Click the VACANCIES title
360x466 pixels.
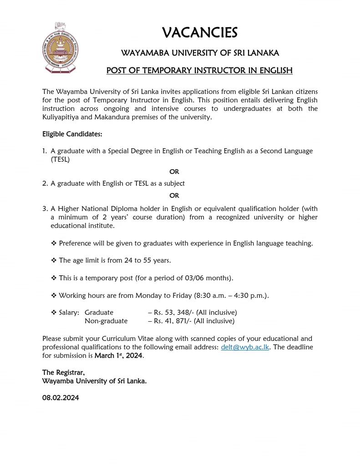tap(199, 33)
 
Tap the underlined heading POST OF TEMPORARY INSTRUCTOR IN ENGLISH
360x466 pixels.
tap(199, 71)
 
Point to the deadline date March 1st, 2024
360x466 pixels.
tap(119, 355)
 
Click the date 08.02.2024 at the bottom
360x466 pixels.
tap(61, 397)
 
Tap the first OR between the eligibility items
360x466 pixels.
tap(174, 172)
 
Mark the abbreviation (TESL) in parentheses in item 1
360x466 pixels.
tap(61, 160)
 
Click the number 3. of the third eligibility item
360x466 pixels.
tap(45, 208)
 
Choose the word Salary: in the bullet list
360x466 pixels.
tap(69, 313)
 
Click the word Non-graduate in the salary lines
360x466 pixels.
tap(106, 321)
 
